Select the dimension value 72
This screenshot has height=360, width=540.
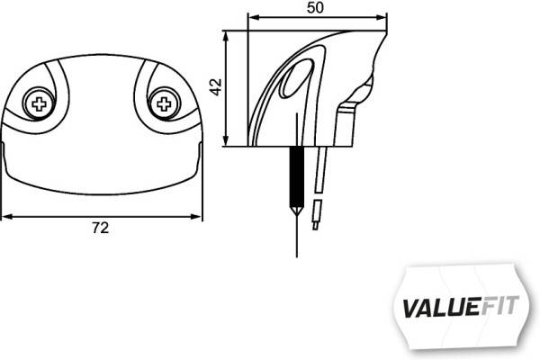click(101, 229)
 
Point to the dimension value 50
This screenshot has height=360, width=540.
click(315, 7)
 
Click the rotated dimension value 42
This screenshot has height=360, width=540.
click(214, 87)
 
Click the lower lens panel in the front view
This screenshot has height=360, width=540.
click(101, 171)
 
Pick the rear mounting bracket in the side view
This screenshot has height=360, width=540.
click(346, 126)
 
